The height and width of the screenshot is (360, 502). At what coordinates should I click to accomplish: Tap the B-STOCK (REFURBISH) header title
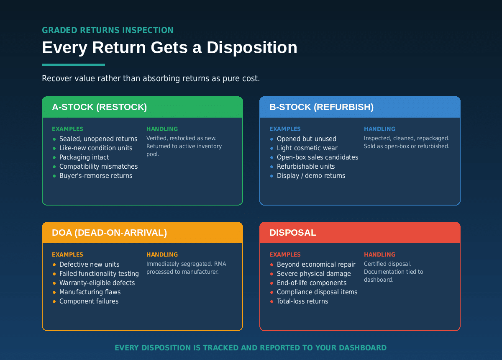(321, 107)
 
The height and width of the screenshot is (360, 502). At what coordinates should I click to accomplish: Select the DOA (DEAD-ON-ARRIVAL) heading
(109, 233)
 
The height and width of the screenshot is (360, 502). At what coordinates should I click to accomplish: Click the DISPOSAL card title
(293, 233)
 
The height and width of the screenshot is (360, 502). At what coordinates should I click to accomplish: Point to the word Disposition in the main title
(252, 48)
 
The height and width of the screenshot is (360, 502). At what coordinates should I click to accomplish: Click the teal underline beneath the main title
(73, 64)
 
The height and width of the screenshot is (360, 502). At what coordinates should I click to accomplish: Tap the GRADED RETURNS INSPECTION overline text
(108, 30)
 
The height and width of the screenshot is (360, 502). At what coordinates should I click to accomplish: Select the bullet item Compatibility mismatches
(98, 167)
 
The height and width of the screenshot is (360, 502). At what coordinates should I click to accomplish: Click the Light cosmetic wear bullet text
(307, 148)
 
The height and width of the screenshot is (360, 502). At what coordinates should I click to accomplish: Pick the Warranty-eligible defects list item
(97, 283)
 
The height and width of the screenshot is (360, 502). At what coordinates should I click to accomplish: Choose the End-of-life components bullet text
(312, 283)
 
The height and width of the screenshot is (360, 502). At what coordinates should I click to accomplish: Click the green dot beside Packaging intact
(54, 157)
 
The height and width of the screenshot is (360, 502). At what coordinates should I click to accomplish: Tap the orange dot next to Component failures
(54, 301)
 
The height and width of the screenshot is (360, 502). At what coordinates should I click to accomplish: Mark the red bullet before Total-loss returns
(271, 301)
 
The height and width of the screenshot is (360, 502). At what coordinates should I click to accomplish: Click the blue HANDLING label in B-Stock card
(379, 129)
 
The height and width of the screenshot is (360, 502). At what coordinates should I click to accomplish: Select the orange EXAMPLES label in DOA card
(67, 255)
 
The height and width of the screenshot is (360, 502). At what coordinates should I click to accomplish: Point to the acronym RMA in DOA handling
(220, 264)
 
